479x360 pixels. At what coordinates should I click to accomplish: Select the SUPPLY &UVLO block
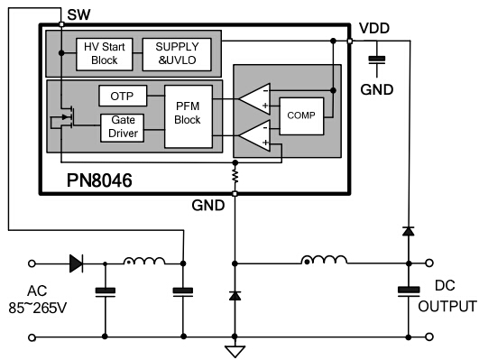(x=180, y=53)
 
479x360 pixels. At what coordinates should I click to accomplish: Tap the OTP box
(x=122, y=96)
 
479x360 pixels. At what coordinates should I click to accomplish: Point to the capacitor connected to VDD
(x=378, y=60)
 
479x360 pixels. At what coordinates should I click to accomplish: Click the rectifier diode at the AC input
(x=77, y=263)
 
